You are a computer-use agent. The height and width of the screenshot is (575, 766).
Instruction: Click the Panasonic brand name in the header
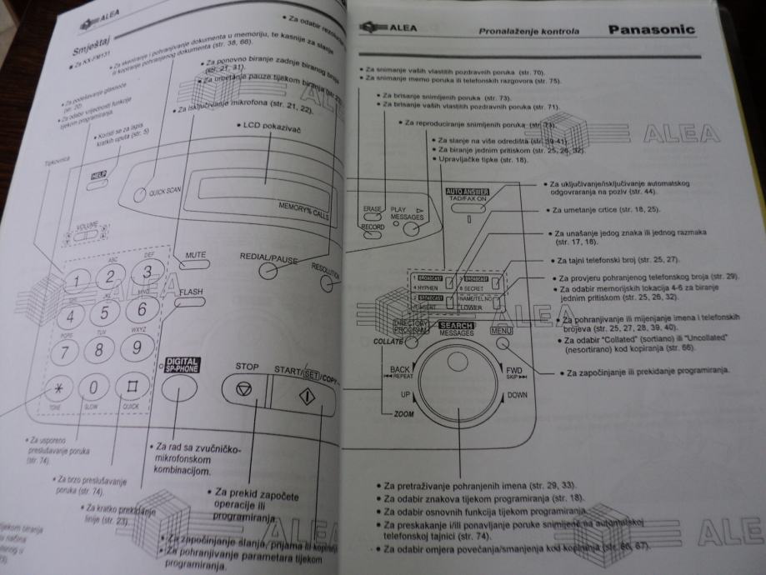pyautogui.click(x=651, y=30)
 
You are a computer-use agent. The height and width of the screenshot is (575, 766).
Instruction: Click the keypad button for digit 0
pyautogui.click(x=93, y=387)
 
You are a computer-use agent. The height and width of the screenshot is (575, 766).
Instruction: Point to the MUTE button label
pyautogui.click(x=194, y=256)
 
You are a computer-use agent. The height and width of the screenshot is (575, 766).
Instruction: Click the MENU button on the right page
pyautogui.click(x=501, y=331)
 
